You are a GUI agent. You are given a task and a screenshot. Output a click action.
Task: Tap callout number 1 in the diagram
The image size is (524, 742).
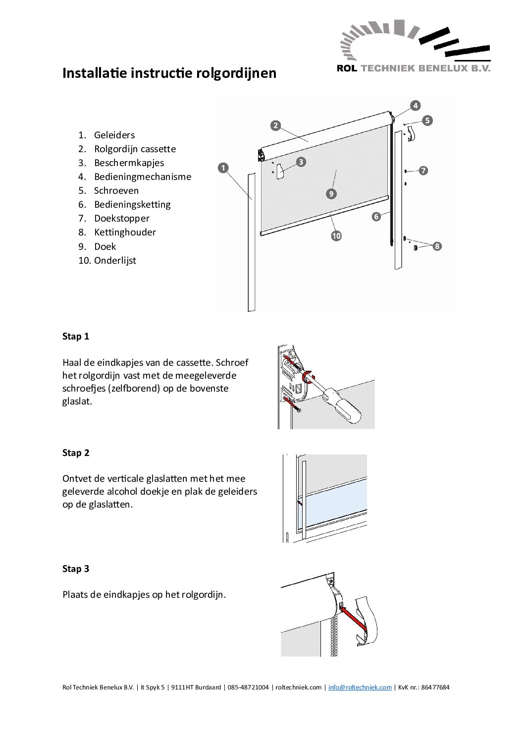223,168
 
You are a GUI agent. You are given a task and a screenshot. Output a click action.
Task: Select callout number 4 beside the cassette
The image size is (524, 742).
416,106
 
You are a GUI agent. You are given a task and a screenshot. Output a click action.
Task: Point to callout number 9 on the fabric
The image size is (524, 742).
331,194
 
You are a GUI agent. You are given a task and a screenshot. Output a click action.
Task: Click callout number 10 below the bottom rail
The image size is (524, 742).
336,236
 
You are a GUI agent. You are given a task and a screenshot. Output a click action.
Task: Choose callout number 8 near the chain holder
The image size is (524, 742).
437,246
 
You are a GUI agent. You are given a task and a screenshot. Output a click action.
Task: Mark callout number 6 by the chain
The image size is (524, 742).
376,217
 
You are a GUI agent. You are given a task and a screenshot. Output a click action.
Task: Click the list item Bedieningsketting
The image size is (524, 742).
132,205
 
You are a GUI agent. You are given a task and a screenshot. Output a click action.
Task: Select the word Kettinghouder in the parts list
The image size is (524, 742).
125,232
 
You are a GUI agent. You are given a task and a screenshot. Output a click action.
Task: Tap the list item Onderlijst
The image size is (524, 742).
115,261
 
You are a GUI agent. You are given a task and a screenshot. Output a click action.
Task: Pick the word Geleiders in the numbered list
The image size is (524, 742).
114,135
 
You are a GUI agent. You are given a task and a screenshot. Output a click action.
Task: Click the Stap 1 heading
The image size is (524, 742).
76,337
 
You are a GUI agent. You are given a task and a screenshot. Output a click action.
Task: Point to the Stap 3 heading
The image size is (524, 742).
76,569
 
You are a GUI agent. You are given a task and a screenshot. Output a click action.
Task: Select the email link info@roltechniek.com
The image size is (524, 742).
360,687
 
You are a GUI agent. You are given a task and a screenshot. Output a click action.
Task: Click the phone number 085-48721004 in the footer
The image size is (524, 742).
248,687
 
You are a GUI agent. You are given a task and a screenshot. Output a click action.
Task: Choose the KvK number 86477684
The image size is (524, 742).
435,687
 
